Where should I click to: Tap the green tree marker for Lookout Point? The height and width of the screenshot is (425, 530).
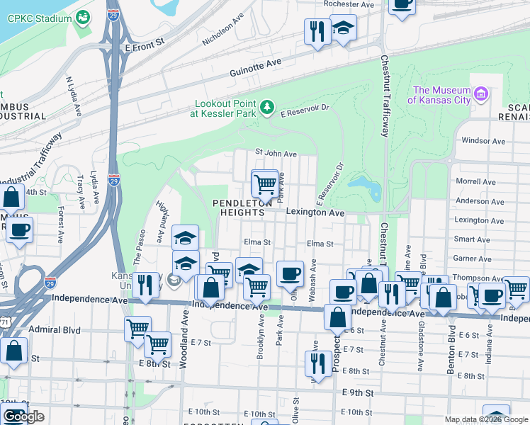pos(267,107)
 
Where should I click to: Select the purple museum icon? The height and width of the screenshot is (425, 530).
pos(482,94)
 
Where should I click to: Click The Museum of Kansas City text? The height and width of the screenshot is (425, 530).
pos(441,95)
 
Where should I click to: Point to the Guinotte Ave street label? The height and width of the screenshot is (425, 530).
pos(256,67)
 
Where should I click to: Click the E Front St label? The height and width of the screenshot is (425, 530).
pos(144,42)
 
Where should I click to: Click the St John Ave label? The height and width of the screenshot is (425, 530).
pos(276,153)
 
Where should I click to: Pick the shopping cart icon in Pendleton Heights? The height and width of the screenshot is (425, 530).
pos(264,183)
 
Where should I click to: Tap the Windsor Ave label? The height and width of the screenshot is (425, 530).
pos(483,141)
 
